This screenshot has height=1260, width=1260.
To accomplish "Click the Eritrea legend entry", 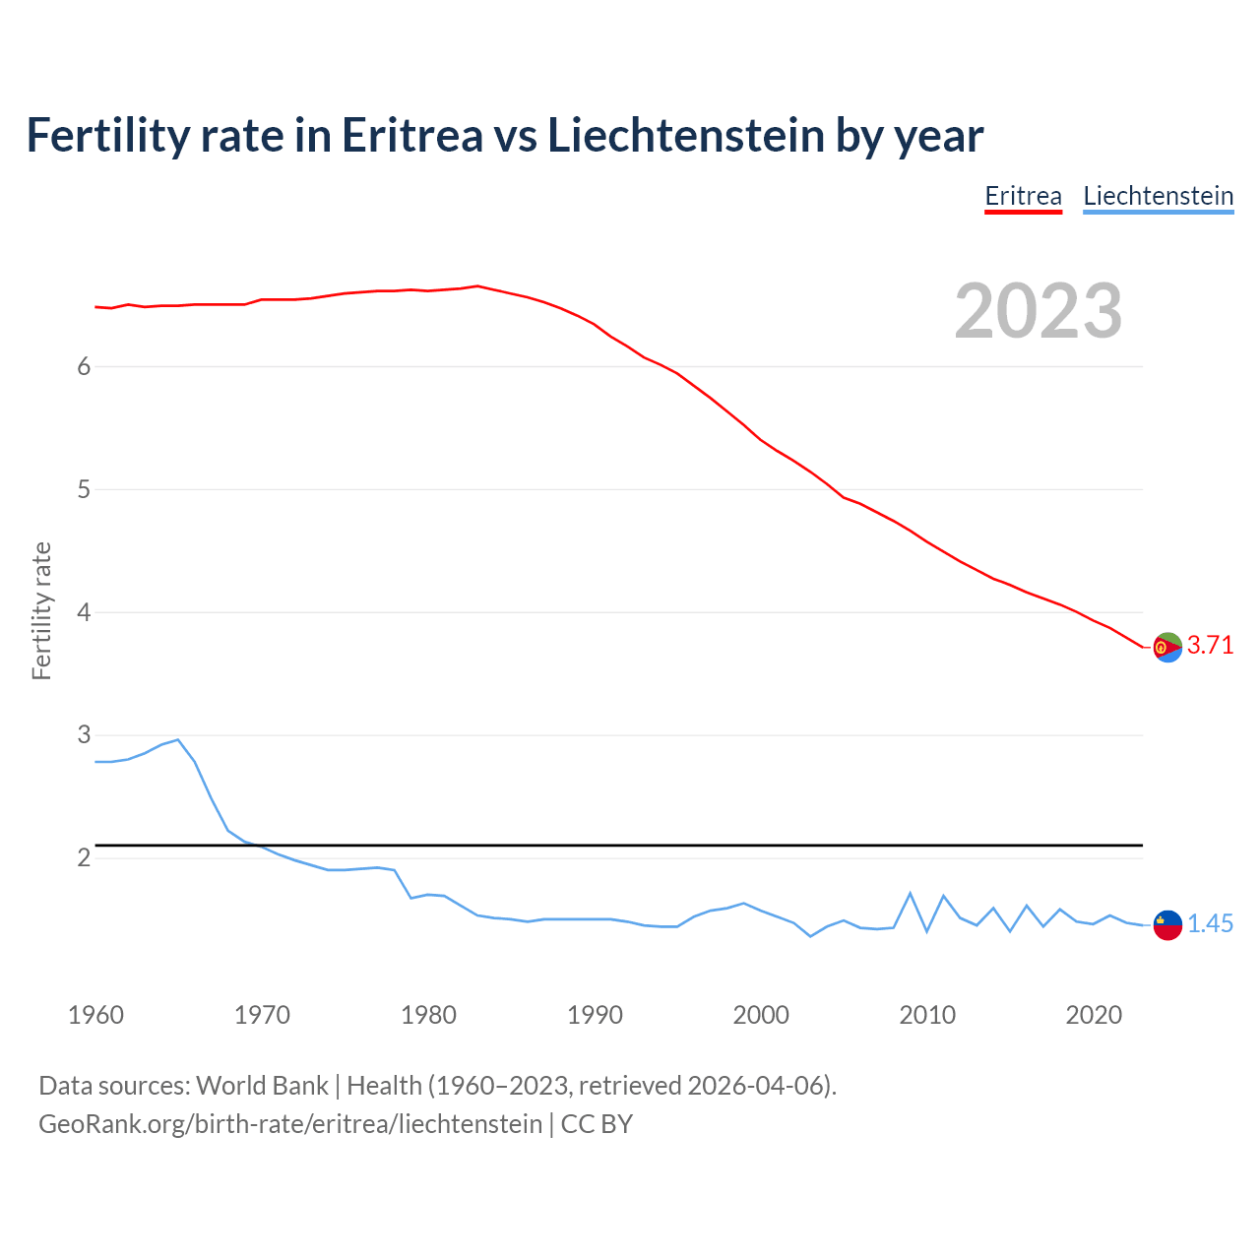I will click(x=1023, y=196).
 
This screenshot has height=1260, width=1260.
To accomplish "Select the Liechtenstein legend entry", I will click(x=1158, y=196).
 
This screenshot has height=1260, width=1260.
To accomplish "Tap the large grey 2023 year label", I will click(x=1039, y=311).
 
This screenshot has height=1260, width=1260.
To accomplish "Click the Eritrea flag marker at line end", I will click(x=1167, y=647).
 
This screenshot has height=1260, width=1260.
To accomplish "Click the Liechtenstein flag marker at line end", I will click(x=1167, y=924).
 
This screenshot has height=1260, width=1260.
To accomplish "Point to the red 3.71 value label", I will click(x=1210, y=646).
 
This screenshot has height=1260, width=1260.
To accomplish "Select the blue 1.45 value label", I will click(x=1210, y=924).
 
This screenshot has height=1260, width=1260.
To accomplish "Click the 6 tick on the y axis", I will click(x=84, y=366).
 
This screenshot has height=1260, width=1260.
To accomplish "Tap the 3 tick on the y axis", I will click(x=84, y=735).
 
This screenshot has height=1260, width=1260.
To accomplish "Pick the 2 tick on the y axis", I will click(x=84, y=858).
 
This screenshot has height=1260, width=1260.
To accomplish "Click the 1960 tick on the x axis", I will click(x=95, y=1015).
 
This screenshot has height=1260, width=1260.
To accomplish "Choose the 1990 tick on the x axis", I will click(x=595, y=1015).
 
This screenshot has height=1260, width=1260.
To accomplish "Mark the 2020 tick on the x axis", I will click(x=1094, y=1015).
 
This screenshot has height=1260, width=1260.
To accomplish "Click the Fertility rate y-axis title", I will click(x=41, y=610).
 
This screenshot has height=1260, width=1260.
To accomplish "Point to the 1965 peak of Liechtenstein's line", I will click(x=178, y=739).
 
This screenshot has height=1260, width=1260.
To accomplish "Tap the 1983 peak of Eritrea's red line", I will click(x=477, y=286).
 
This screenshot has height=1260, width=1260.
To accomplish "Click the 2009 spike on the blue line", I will click(x=911, y=893).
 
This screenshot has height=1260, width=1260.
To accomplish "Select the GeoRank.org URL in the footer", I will click(x=290, y=1123).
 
